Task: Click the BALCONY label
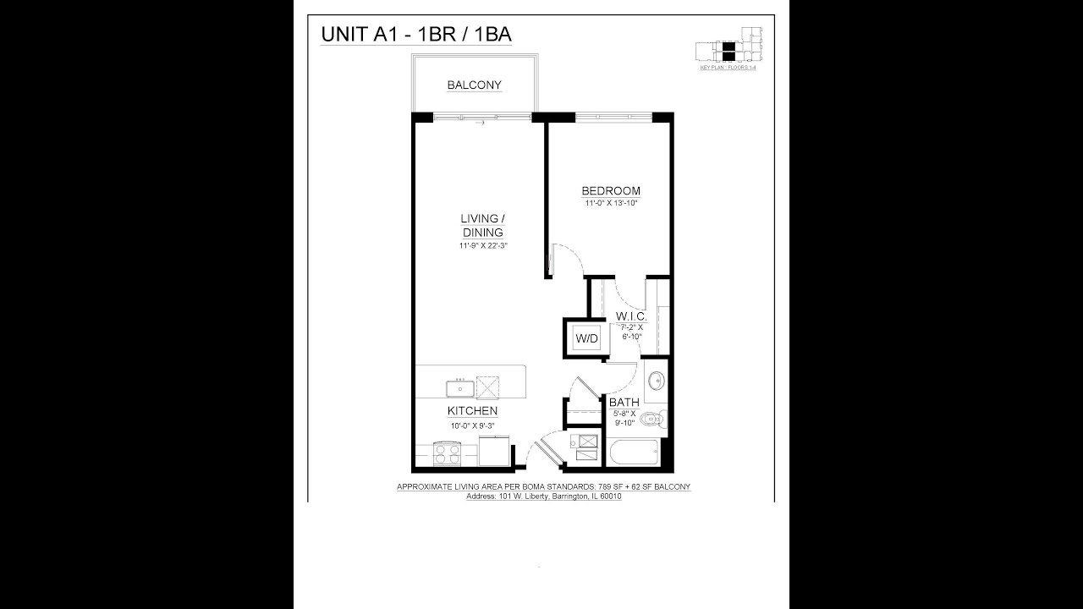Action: coord(475,85)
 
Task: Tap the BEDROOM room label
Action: coord(611,191)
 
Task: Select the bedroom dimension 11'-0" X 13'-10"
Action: coord(611,204)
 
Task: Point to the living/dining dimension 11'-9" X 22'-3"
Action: coord(482,246)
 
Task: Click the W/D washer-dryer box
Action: coord(586,338)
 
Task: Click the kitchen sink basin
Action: coord(460,388)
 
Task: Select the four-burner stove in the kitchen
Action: coord(446,455)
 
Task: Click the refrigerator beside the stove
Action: coord(494,451)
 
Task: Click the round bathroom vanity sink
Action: coord(656,380)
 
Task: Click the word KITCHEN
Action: coord(472,411)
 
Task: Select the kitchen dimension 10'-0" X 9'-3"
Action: coord(472,425)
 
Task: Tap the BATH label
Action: coord(624,403)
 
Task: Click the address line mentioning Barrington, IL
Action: coord(544,497)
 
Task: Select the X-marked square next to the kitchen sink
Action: coord(489,387)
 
